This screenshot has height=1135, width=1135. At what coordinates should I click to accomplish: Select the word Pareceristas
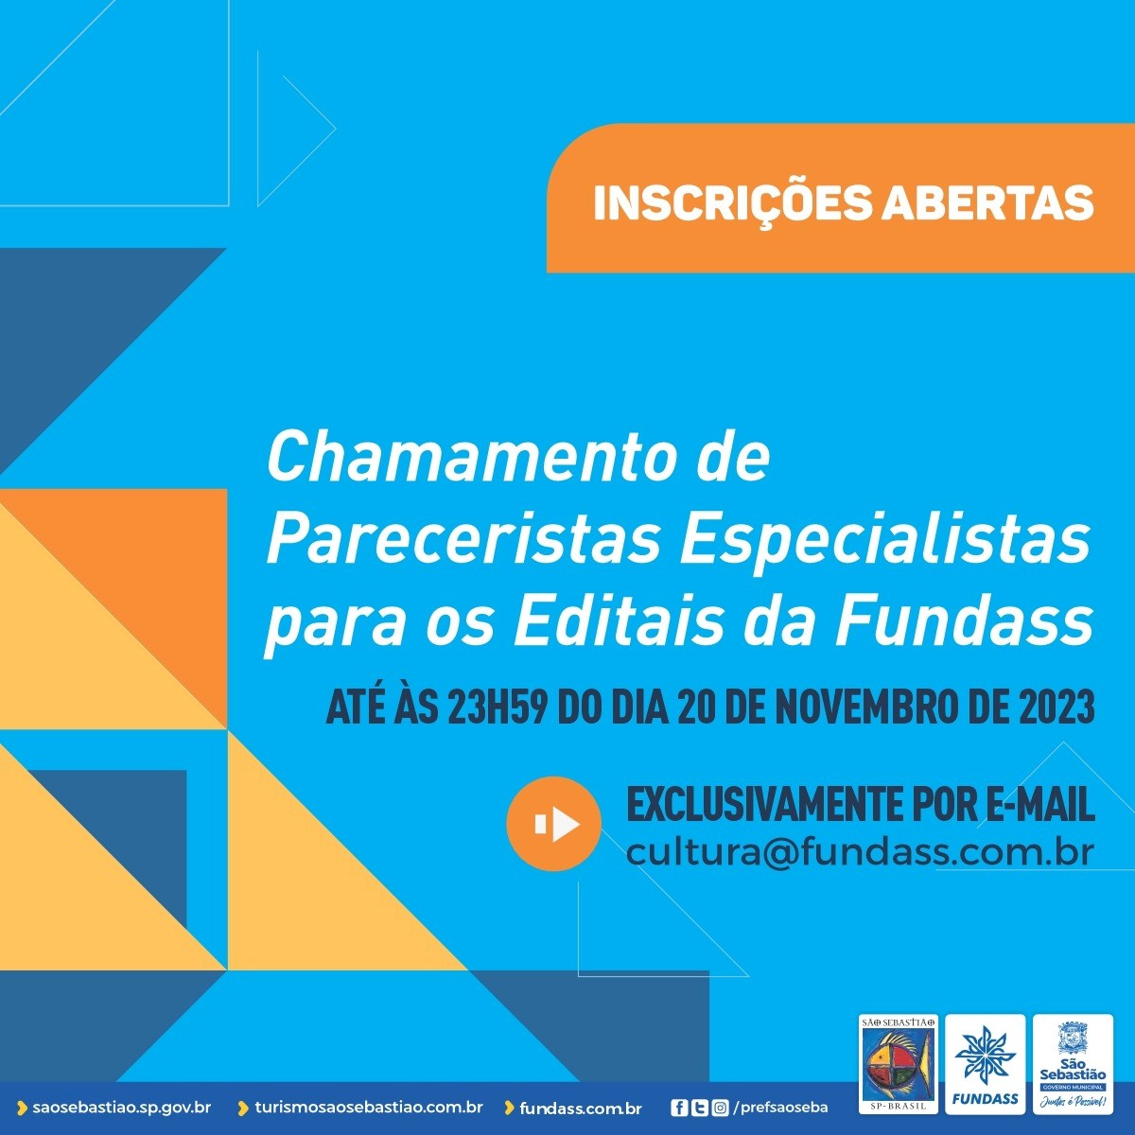click(463, 540)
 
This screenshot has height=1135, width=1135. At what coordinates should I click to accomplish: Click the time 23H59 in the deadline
click(496, 708)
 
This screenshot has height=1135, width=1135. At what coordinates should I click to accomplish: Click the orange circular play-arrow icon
click(553, 824)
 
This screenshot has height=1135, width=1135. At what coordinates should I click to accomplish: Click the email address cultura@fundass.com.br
click(860, 851)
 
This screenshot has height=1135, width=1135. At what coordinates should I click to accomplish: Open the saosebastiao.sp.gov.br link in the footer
click(122, 1108)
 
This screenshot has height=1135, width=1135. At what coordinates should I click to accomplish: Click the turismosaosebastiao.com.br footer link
click(369, 1108)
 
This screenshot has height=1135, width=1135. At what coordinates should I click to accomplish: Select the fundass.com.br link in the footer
click(580, 1109)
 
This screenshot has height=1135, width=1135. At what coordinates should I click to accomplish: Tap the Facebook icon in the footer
click(679, 1109)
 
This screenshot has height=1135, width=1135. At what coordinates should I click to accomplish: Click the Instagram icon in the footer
click(720, 1109)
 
